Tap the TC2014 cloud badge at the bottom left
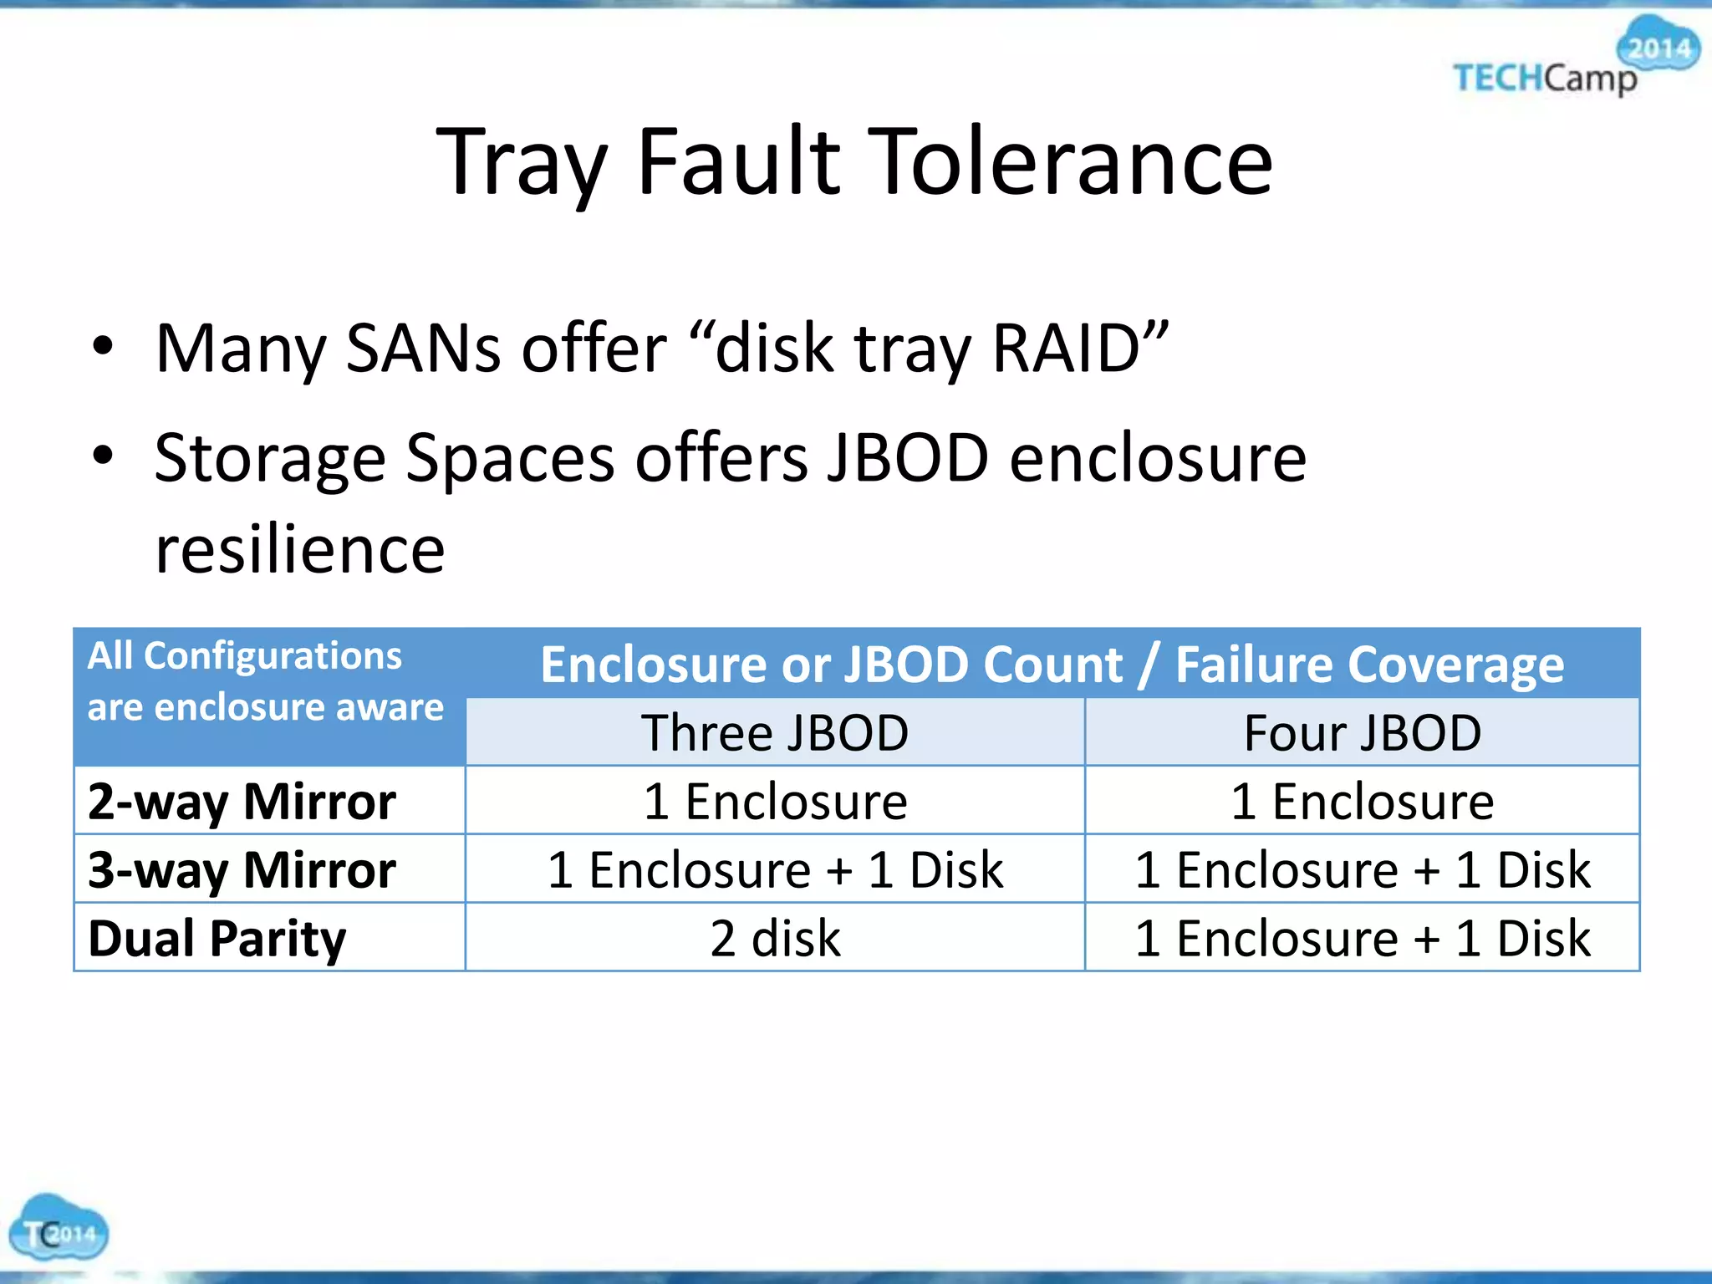click(58, 1228)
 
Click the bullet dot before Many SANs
click(103, 346)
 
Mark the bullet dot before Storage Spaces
click(103, 456)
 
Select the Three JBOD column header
click(775, 733)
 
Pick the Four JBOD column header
click(1362, 733)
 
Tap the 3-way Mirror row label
click(242, 869)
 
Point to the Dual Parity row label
click(217, 938)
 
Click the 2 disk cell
click(775, 938)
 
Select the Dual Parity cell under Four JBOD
click(1362, 938)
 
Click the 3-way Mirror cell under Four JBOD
click(1362, 869)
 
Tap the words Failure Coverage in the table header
click(1369, 665)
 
